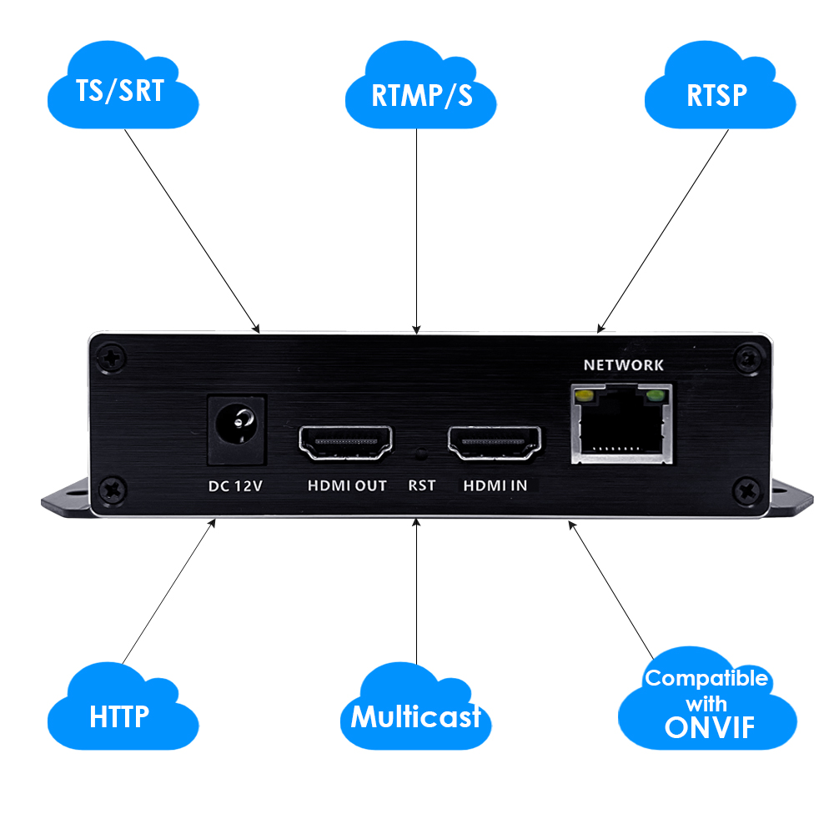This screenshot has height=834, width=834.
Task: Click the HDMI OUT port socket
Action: pyautogui.click(x=345, y=442)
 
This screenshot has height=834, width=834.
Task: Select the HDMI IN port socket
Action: pyautogui.click(x=495, y=442)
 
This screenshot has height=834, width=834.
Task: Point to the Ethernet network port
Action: pyautogui.click(x=621, y=424)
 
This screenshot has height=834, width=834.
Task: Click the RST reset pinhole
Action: pyautogui.click(x=421, y=455)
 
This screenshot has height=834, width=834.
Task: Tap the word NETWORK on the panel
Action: pyautogui.click(x=624, y=364)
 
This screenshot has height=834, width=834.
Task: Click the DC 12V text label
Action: pyautogui.click(x=235, y=486)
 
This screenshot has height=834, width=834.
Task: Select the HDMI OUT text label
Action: pyautogui.click(x=347, y=485)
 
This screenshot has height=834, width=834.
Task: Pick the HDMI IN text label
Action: pyautogui.click(x=495, y=485)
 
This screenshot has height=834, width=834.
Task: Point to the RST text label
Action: pyautogui.click(x=422, y=485)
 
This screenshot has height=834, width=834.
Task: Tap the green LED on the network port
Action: pyautogui.click(x=656, y=395)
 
